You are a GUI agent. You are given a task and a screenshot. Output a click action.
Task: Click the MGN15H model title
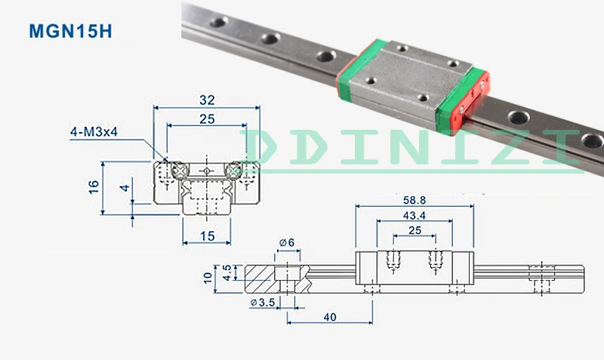coord(70,31)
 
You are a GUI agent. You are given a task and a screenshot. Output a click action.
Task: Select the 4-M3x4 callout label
coord(94,132)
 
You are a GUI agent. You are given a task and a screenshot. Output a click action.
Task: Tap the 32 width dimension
coord(207,100)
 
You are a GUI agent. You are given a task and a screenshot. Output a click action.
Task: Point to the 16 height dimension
coord(94,187)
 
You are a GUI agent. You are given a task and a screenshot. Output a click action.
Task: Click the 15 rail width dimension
coord(207,236)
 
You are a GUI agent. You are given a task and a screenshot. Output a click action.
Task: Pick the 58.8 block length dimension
coord(414,200)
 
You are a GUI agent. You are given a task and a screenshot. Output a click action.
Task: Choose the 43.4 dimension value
coord(414,216)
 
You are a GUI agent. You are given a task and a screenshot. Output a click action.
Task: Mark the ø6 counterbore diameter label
coord(287,242)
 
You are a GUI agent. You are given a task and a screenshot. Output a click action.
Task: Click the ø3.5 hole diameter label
coord(262,303)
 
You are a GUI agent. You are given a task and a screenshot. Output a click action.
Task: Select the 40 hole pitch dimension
coord(330,317)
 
